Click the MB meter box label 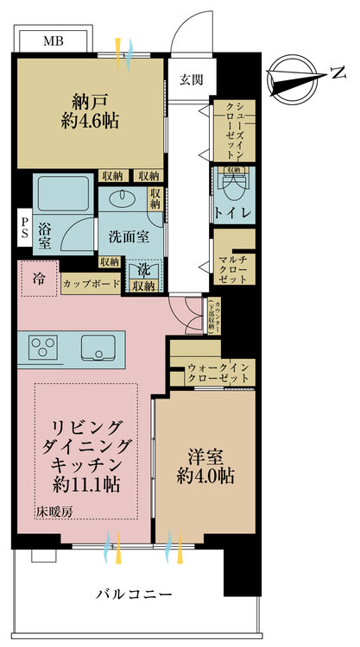click(54, 41)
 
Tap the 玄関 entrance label click(191, 80)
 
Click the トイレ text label click(233, 213)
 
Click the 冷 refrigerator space click(39, 279)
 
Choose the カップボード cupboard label click(91, 284)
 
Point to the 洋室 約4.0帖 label click(205, 464)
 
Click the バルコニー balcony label click(133, 594)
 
